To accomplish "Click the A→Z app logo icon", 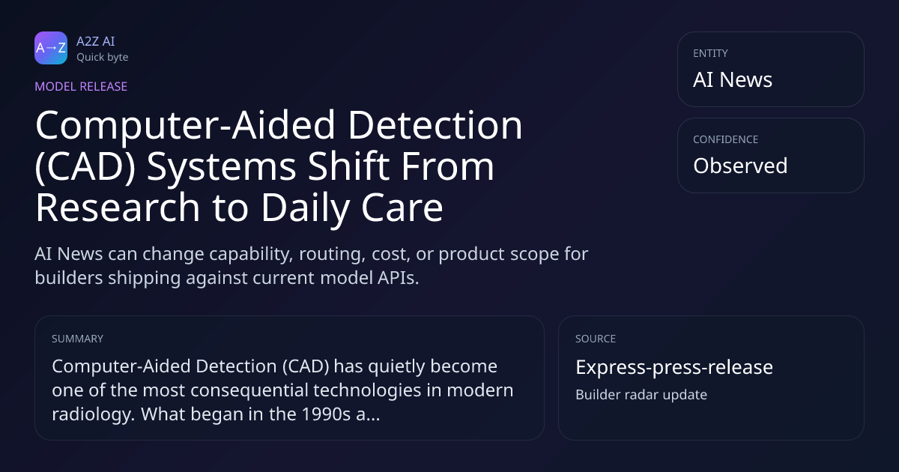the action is click(x=51, y=48).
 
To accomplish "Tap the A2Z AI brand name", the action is click(x=96, y=41).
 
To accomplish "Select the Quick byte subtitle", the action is click(x=103, y=58).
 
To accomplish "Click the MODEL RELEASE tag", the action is click(x=81, y=86).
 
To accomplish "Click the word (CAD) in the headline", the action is click(x=85, y=166).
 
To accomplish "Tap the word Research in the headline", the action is click(x=118, y=207).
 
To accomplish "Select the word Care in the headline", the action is click(x=402, y=207).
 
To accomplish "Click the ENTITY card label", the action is click(x=710, y=53).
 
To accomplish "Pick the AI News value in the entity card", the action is click(x=733, y=79).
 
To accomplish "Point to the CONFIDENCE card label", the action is click(x=726, y=139).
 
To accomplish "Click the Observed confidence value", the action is click(x=740, y=166).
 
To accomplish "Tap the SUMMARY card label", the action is click(x=77, y=339).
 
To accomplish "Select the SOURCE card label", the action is click(x=596, y=339).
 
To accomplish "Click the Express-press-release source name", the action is click(x=674, y=367).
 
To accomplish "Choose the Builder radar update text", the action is click(x=641, y=395).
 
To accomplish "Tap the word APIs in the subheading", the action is click(x=398, y=278).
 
